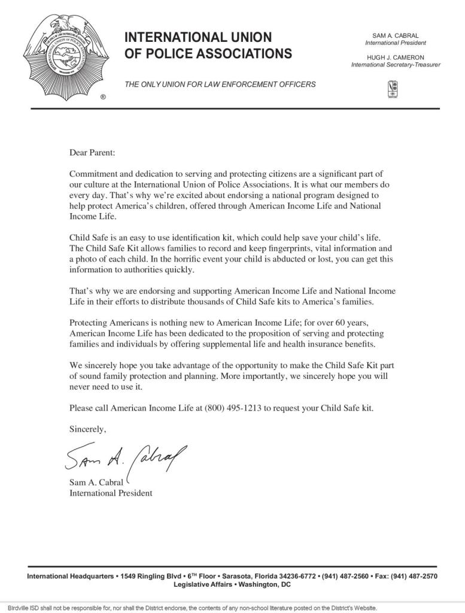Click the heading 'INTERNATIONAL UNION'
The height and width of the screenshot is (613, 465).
(197, 38)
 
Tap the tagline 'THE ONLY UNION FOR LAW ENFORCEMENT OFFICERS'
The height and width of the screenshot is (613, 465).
(220, 84)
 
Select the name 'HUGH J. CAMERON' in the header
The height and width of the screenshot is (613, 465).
(396, 57)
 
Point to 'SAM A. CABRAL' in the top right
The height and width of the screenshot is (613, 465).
(396, 36)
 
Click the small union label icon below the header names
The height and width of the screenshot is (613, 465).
(393, 89)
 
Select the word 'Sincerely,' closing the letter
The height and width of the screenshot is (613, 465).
(88, 429)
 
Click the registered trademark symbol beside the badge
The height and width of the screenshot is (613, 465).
(103, 96)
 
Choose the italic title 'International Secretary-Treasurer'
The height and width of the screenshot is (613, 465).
(396, 65)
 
